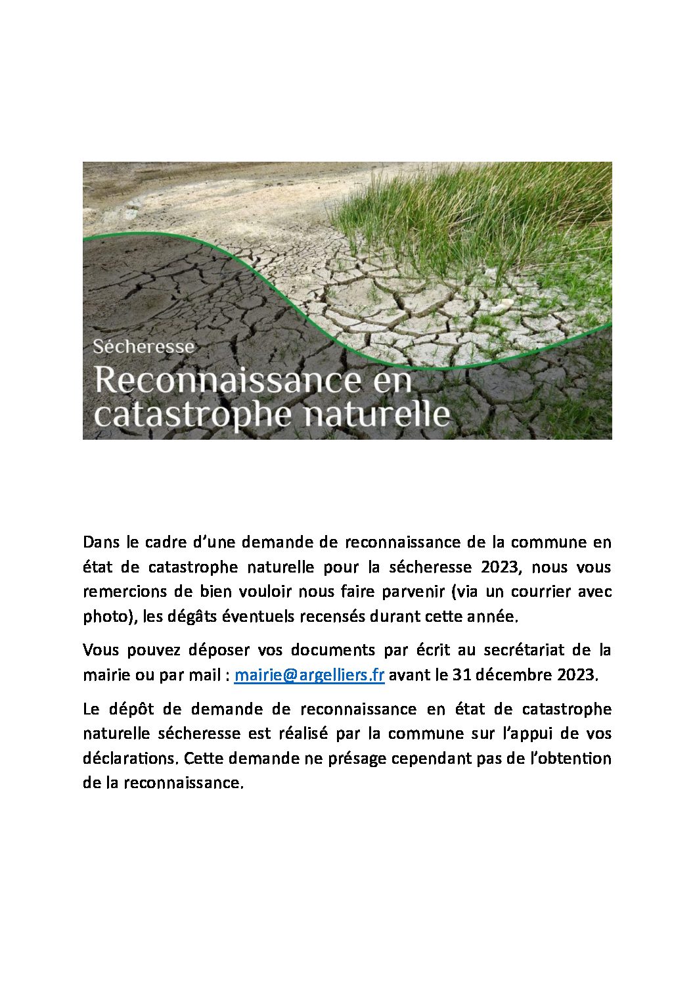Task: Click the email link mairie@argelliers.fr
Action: pos(309,675)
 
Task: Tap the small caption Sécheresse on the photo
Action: pos(143,346)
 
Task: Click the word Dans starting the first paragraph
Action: pos(101,542)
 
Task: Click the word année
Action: pos(496,617)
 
